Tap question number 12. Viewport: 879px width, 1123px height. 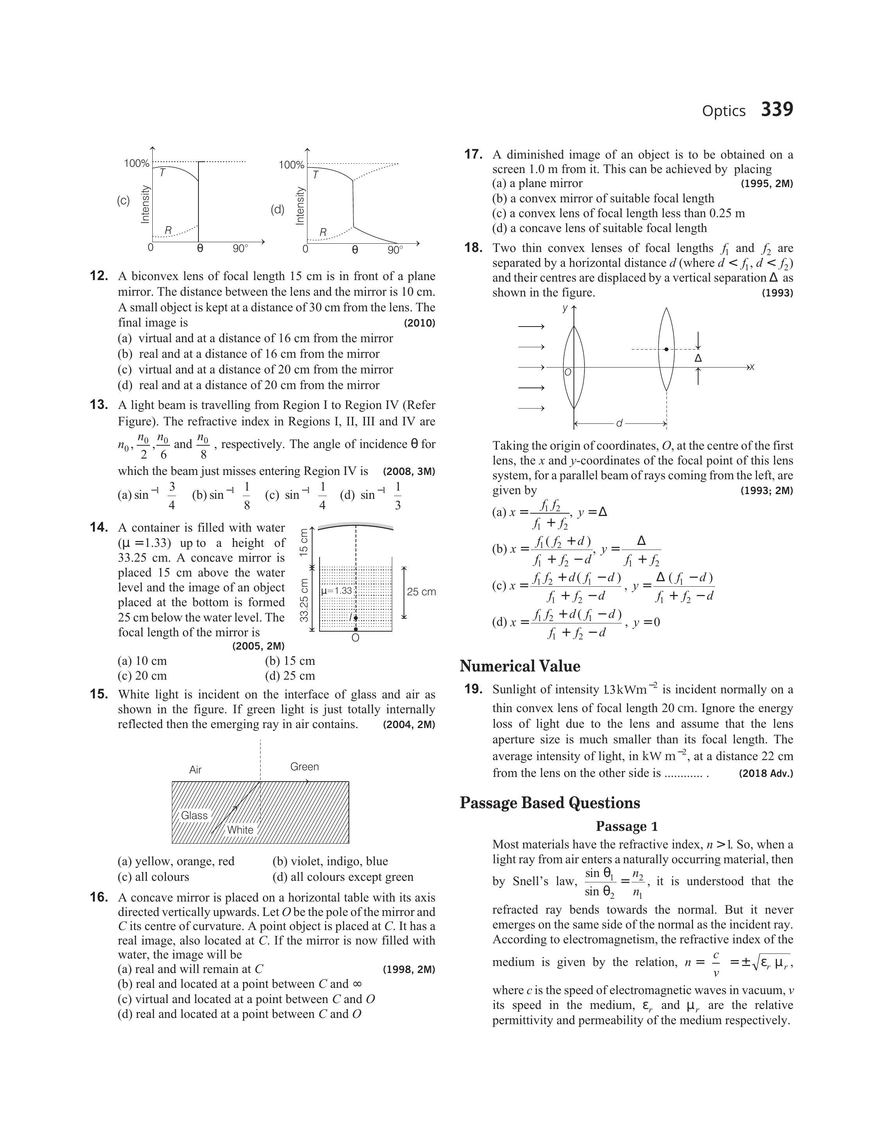point(99,276)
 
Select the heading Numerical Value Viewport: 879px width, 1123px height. point(520,666)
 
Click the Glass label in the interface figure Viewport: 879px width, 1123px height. point(194,815)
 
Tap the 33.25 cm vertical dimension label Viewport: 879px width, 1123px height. point(304,600)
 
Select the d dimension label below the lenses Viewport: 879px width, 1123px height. point(619,423)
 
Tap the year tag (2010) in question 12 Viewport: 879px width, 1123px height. point(420,323)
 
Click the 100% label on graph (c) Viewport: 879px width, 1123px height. point(136,164)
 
